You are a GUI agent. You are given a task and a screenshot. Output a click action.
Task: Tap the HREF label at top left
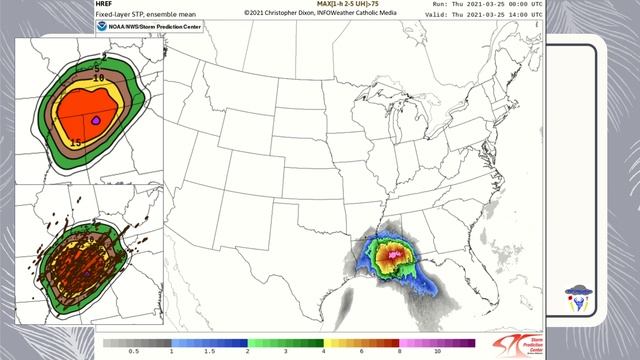pos(105,5)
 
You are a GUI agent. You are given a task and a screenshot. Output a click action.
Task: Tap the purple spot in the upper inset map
pos(95,120)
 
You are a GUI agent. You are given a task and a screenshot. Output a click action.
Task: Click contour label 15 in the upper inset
pos(75,143)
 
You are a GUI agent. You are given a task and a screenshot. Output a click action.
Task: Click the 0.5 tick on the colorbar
pos(134,353)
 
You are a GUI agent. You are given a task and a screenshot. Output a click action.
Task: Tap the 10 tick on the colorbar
pos(437,353)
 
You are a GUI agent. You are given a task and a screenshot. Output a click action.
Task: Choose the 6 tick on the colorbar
pos(361,353)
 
